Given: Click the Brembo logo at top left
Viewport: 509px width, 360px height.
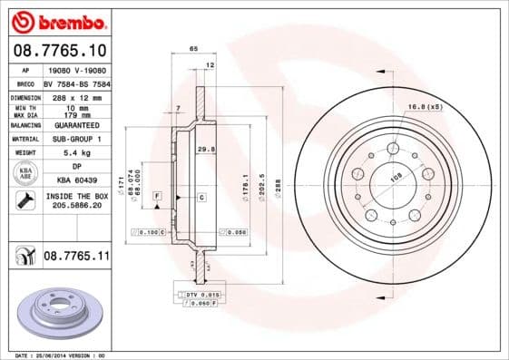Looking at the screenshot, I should (57, 19).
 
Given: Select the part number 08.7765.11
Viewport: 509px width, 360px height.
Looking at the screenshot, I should (76, 257).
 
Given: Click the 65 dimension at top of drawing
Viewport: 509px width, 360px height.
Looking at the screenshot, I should (193, 46).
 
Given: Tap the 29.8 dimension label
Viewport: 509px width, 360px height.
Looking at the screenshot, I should (204, 148).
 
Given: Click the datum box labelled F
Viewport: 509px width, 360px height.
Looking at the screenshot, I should (158, 196).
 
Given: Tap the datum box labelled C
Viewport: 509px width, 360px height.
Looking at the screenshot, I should (201, 196).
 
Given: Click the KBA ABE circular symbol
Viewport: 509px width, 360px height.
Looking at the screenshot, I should (26, 172).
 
